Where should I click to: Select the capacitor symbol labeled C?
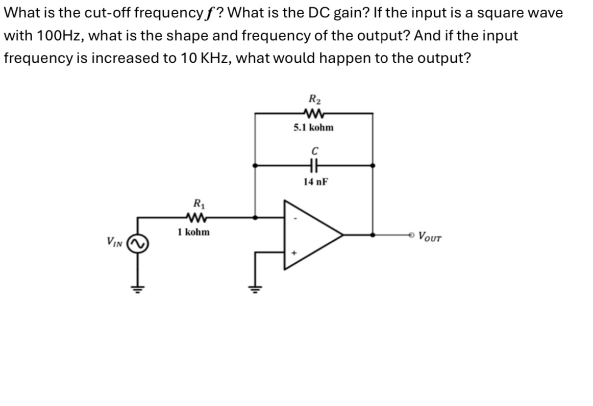coord(313,165)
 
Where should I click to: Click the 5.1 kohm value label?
coord(313,128)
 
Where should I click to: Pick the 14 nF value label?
coord(314,181)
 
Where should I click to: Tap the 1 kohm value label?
coord(193,232)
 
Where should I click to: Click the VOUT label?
coord(430,236)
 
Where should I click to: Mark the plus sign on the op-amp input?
coord(294,252)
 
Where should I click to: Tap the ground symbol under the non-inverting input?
coord(255,287)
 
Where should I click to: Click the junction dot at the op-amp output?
coord(373,235)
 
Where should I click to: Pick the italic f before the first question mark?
coord(208,13)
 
